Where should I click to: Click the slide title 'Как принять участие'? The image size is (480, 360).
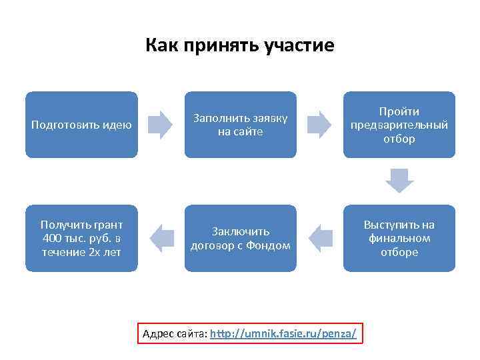240,46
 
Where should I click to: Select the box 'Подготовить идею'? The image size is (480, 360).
81,125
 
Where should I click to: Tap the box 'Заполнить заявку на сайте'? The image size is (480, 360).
240,125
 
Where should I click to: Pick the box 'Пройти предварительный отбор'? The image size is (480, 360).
399,125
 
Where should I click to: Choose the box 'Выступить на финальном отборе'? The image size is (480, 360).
399,238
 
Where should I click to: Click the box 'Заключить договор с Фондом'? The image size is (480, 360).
240,238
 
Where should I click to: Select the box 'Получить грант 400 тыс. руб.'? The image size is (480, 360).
81,238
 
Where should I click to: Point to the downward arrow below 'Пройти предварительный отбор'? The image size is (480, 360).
399,181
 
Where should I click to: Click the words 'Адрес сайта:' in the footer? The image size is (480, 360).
175,333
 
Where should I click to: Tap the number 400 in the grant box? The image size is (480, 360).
50,238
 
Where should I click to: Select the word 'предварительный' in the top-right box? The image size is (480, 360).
399,125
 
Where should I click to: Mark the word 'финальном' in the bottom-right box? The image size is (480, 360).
399,238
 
